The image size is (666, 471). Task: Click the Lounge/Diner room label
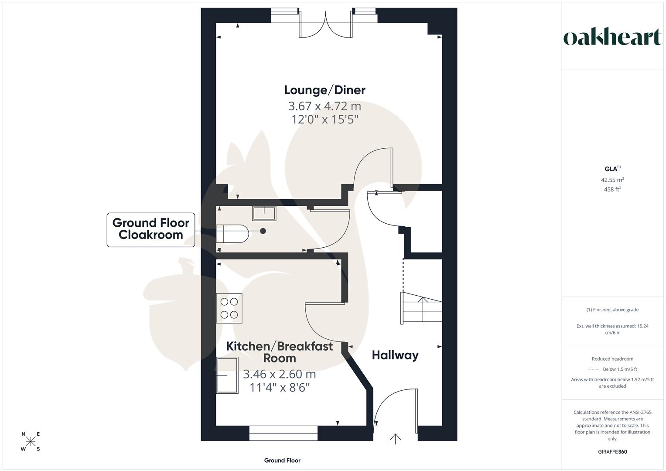324,90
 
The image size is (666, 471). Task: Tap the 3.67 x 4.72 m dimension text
324,106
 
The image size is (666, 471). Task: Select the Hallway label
395,355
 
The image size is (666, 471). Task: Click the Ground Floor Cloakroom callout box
151,229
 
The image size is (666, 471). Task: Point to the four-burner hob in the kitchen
229,308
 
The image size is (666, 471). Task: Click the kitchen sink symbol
227,375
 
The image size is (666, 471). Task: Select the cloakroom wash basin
264,214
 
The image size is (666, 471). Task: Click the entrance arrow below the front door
395,438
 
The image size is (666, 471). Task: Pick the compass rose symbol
31,441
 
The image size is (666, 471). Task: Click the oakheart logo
612,38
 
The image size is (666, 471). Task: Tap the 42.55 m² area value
612,180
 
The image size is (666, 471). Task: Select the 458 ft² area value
612,189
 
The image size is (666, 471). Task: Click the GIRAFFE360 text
612,452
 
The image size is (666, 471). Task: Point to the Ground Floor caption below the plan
282,461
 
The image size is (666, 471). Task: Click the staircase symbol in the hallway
421,307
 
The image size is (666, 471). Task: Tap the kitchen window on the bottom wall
283,433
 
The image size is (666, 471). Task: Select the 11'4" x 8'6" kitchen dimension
280,387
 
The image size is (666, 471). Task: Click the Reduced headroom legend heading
612,359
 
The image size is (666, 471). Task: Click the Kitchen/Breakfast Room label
280,352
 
